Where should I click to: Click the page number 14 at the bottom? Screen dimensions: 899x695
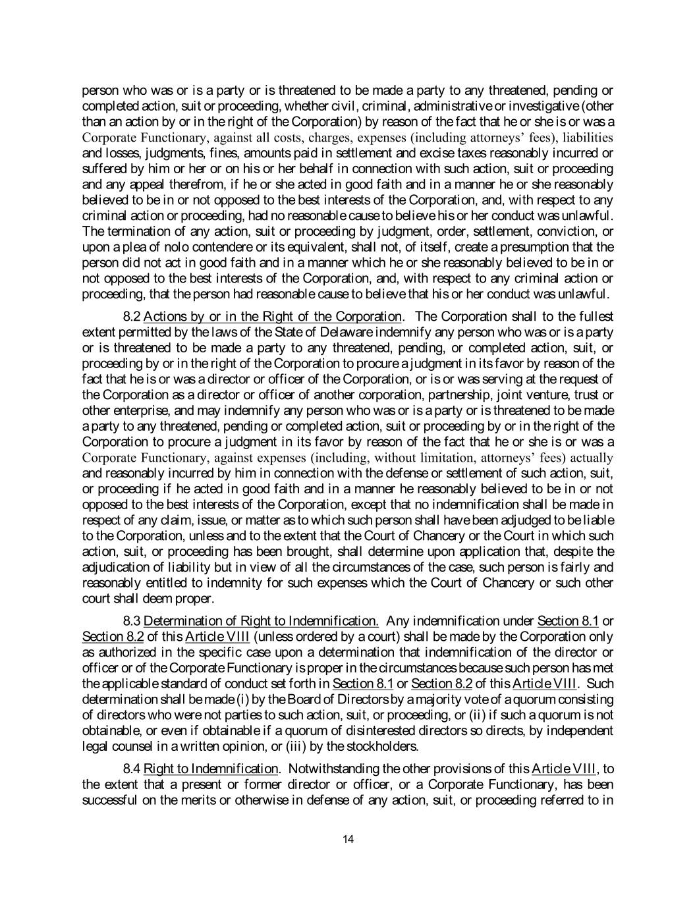click(348, 838)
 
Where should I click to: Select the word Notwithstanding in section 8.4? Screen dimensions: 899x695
click(330, 769)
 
